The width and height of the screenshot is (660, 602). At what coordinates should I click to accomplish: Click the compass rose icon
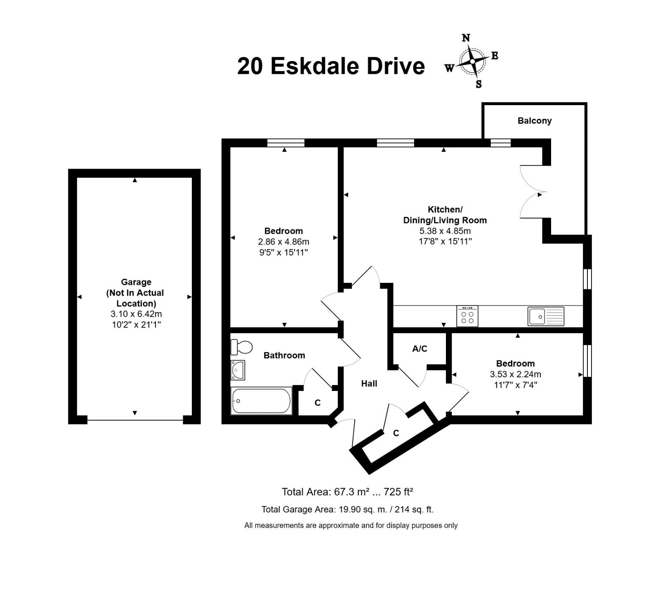tap(472, 61)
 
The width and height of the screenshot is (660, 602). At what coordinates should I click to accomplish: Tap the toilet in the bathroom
tap(241, 347)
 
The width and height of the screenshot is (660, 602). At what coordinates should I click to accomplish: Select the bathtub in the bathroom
tap(262, 401)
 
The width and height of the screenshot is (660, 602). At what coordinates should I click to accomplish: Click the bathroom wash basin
tap(238, 370)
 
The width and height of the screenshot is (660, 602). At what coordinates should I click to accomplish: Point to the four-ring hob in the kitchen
tap(467, 316)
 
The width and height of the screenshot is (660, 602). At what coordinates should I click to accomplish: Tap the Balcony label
tap(535, 121)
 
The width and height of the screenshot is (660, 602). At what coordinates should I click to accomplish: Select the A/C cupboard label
tap(420, 349)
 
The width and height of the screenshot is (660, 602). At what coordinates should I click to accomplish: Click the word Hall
tap(369, 383)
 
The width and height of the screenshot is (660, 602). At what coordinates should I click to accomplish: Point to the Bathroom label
tap(284, 355)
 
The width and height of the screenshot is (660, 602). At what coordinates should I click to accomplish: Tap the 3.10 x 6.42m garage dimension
tap(136, 314)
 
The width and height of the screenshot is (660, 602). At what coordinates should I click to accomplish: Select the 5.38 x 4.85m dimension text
tap(445, 231)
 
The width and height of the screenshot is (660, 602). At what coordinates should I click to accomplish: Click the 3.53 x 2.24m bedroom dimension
tap(515, 374)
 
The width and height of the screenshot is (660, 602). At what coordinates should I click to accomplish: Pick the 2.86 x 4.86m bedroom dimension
tap(283, 242)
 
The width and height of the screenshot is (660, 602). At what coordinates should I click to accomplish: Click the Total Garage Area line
tap(347, 510)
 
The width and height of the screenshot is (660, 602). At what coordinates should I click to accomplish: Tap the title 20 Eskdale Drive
tap(331, 66)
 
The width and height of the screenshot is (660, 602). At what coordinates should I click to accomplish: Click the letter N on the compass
tap(466, 38)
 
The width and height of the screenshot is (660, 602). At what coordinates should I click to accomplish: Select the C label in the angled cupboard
tap(396, 433)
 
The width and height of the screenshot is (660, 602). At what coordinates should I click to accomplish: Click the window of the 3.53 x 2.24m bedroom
tap(587, 361)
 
